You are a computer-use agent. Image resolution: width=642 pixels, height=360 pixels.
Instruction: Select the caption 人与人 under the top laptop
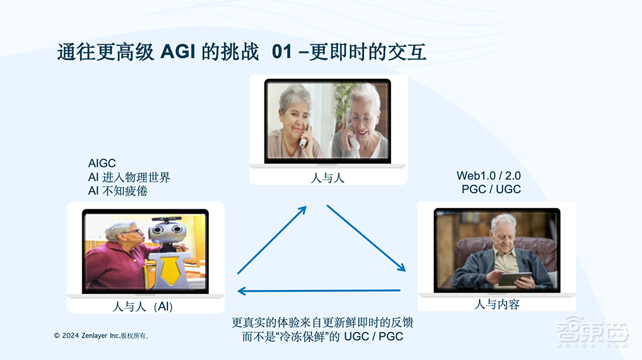click(327, 177)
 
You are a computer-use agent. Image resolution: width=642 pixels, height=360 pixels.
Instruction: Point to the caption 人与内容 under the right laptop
click(496, 304)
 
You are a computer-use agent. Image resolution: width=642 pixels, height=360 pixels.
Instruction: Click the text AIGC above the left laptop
click(102, 164)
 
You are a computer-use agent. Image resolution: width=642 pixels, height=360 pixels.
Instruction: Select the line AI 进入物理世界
click(129, 178)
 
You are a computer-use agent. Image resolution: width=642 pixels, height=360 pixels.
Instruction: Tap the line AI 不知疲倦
click(117, 191)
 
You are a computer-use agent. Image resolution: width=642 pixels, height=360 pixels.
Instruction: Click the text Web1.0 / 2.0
click(489, 176)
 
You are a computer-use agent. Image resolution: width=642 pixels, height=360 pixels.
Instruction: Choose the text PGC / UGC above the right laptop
click(491, 189)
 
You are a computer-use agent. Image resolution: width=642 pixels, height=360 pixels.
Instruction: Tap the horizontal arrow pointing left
click(319, 291)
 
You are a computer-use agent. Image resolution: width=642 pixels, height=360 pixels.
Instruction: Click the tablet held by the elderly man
click(515, 279)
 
